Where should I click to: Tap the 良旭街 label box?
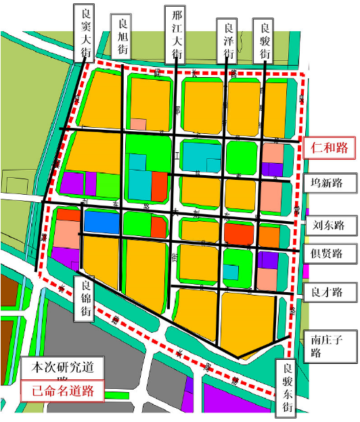[123, 37]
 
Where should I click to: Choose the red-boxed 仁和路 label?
[328, 148]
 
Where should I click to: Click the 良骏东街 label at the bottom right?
[288, 387]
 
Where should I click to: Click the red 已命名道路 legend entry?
[60, 390]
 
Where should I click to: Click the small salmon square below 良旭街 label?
[139, 124]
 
